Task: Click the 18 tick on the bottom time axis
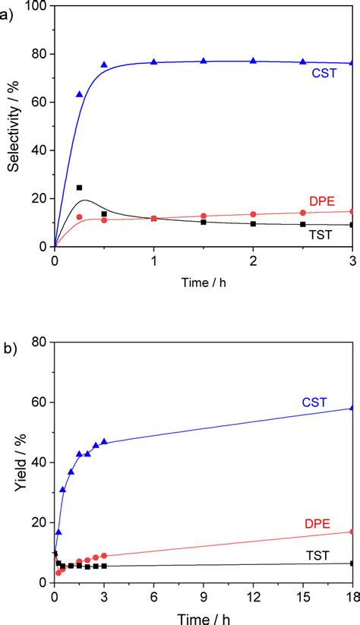352,595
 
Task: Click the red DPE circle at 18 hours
352,532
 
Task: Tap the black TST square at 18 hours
352,563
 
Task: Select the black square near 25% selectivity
79,188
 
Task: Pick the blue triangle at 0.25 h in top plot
79,94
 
